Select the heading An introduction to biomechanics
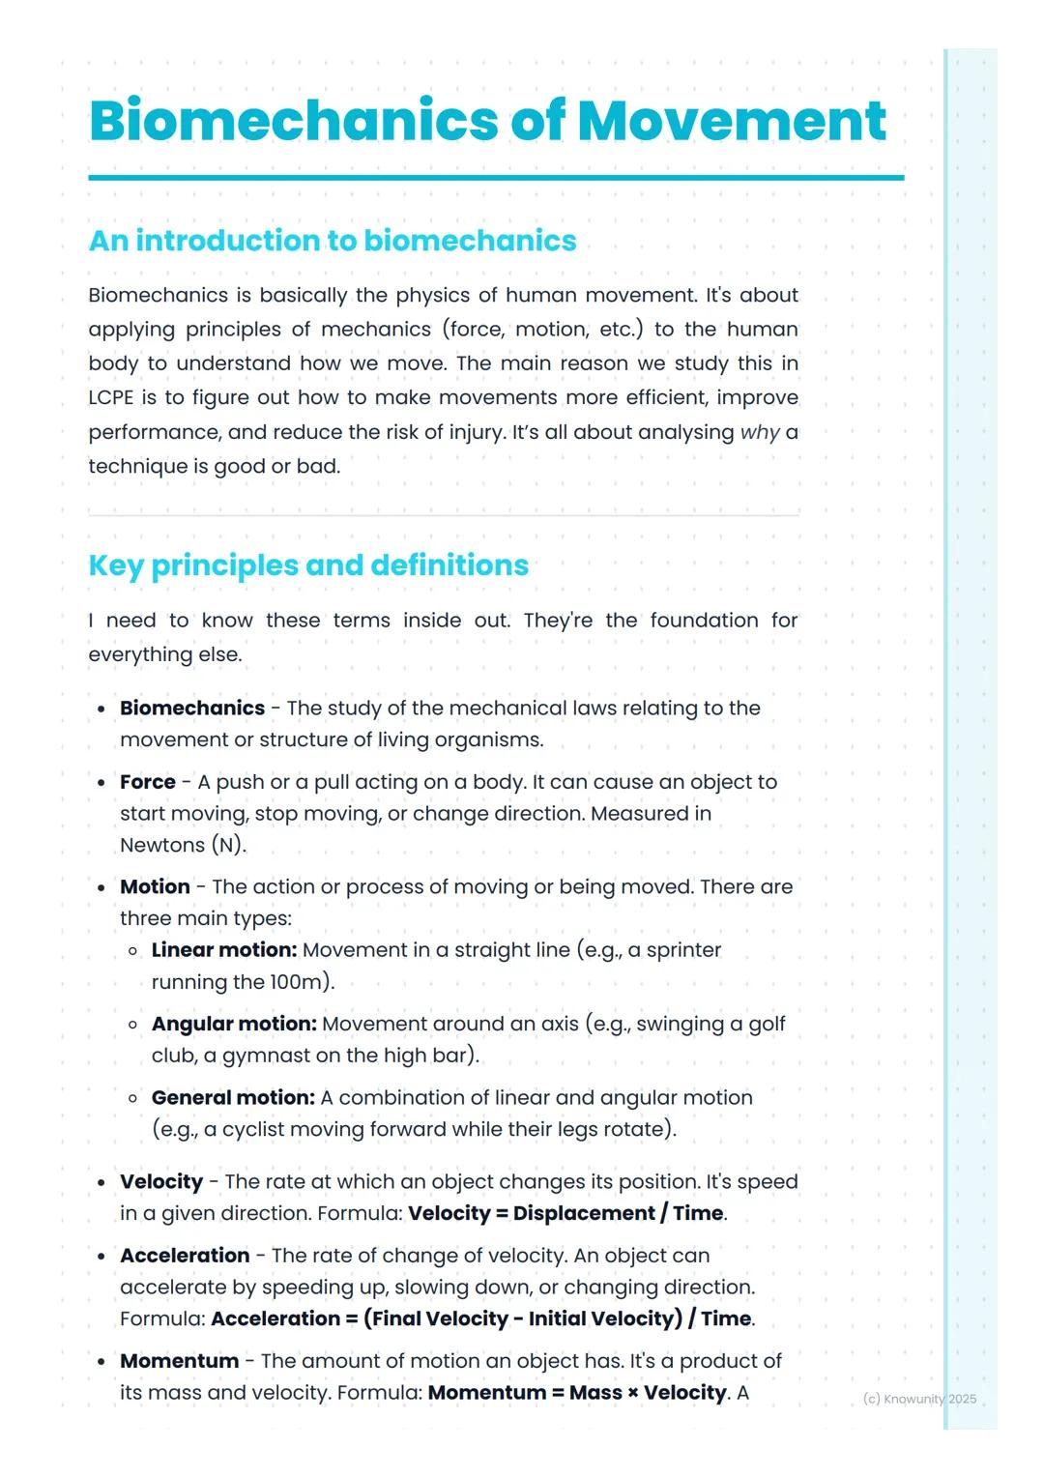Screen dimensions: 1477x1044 click(x=332, y=241)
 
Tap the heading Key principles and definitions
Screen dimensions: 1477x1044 click(x=308, y=565)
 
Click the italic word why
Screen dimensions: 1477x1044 click(x=759, y=432)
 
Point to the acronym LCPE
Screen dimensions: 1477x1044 click(x=110, y=398)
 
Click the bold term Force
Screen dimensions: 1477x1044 click(x=148, y=782)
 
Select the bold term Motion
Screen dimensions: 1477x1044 click(x=155, y=886)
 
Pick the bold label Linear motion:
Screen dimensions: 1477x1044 click(x=223, y=950)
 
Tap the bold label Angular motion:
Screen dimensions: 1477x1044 click(x=234, y=1024)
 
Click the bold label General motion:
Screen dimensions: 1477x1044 click(x=233, y=1097)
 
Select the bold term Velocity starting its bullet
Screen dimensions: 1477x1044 click(x=161, y=1181)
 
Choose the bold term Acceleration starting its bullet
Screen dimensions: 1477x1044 click(x=185, y=1256)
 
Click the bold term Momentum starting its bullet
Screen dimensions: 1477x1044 click(x=179, y=1361)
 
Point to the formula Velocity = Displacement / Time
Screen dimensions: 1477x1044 click(x=565, y=1213)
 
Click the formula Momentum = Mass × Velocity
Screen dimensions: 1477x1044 click(x=577, y=1393)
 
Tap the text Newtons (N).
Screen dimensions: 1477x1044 click(x=182, y=845)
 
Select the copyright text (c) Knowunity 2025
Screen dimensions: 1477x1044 click(x=919, y=1399)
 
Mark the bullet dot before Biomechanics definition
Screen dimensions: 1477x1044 click(x=101, y=710)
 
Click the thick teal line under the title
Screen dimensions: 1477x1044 click(x=496, y=178)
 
